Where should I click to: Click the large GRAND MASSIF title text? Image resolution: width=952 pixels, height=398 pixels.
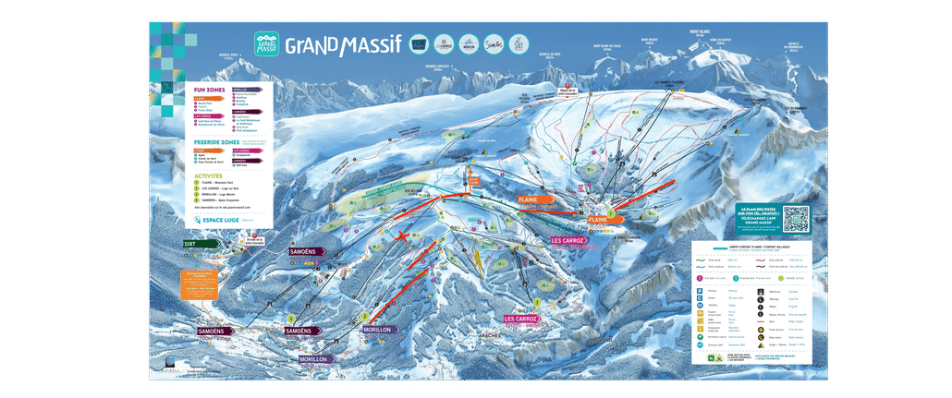pos(342,45)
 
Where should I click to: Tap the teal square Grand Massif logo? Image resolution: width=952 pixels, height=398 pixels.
pos(266,44)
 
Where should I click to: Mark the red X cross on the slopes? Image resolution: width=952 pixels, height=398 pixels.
pos(402,236)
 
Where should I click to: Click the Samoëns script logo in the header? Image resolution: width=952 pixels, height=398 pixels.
pos(495,43)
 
